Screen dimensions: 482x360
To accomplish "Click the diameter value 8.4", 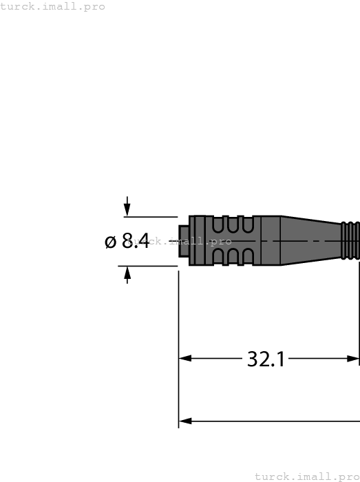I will coord(136,241).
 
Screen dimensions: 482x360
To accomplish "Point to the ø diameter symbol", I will coord(111,242).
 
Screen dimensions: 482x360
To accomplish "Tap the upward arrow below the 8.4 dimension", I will coord(127,273).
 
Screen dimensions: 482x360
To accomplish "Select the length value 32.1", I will coord(266,359).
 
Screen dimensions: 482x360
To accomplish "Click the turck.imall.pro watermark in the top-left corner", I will coord(53,6).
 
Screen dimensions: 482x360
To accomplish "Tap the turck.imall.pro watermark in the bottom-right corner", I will coord(307,476).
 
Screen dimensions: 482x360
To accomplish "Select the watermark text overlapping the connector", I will coord(186,241).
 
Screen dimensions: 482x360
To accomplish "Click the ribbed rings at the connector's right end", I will coord(350,240).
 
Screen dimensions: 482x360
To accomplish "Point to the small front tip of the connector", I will coord(183,240).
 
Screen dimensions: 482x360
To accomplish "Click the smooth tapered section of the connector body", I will coord(310,240).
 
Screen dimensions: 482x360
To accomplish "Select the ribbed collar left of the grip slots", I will coord(200,240).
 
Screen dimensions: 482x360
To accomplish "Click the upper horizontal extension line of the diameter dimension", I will coord(148,216).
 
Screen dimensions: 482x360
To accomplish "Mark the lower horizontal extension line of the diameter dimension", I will coord(148,266).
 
